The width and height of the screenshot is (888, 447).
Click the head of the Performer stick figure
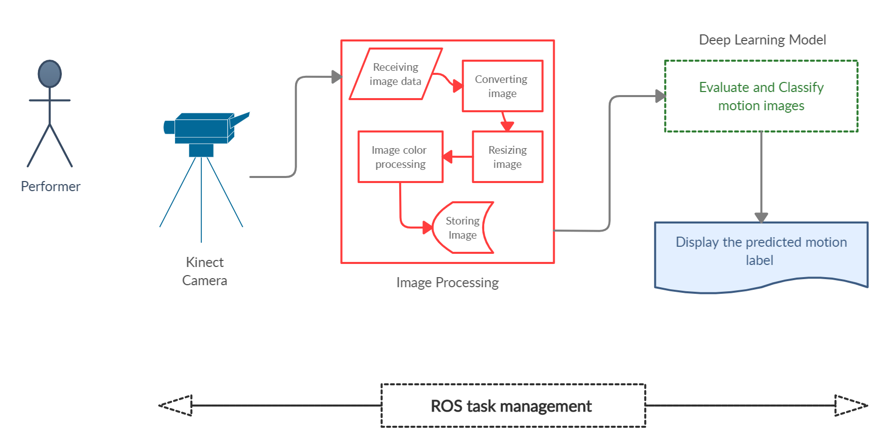pyautogui.click(x=50, y=74)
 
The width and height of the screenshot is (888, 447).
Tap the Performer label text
pyautogui.click(x=51, y=187)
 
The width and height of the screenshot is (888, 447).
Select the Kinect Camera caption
pyautogui.click(x=204, y=271)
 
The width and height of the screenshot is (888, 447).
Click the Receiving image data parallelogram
pyautogui.click(x=395, y=74)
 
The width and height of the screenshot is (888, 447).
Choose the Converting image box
pyautogui.click(x=502, y=86)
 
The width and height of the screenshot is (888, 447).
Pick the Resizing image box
pyautogui.click(x=508, y=157)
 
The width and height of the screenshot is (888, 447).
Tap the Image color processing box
pyautogui.click(x=400, y=157)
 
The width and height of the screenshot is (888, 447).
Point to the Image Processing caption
pyautogui.click(x=447, y=282)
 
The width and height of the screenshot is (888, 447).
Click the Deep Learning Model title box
pyautogui.click(x=762, y=40)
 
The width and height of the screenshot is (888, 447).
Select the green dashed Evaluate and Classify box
pyautogui.click(x=761, y=96)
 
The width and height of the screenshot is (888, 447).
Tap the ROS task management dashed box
pyautogui.click(x=513, y=406)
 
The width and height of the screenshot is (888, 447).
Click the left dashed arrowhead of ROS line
pyautogui.click(x=176, y=405)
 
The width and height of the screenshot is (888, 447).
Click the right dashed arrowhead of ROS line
pyautogui.click(x=851, y=405)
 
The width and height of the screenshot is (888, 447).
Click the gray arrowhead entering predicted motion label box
pyautogui.click(x=761, y=217)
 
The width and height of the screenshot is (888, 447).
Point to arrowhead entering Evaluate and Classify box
pyautogui.click(x=660, y=96)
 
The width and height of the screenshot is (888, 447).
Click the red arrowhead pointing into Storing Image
pyautogui.click(x=428, y=228)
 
